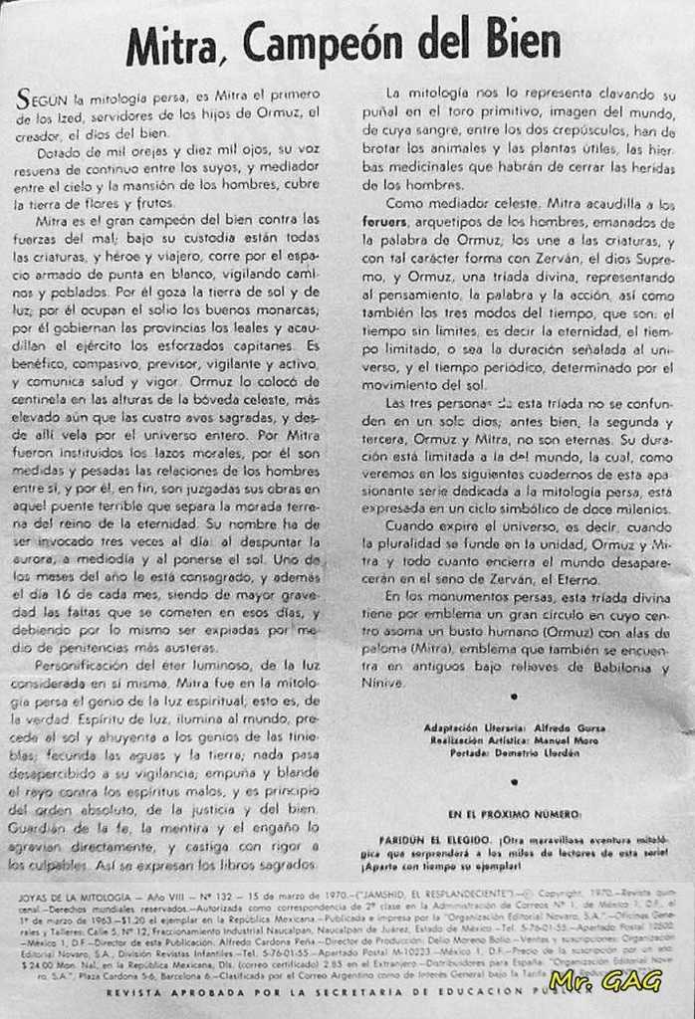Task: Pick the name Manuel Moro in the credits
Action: click(x=572, y=740)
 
